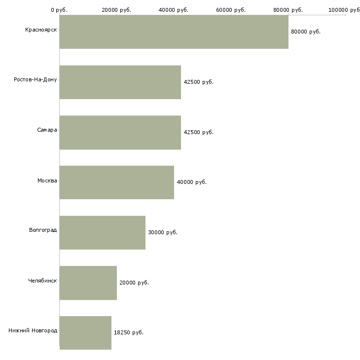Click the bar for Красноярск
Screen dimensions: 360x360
[174, 32]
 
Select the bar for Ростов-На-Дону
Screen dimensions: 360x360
[120, 82]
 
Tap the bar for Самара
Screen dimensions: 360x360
[120, 133]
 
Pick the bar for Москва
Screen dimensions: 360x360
[117, 182]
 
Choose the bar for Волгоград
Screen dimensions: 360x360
[103, 233]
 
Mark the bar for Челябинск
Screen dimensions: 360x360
[88, 283]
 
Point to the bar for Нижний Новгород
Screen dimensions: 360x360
[85, 333]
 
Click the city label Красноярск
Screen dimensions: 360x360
[41, 30]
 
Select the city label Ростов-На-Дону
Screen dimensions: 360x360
[36, 80]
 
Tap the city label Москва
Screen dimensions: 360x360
[47, 180]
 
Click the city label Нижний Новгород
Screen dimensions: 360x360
[33, 330]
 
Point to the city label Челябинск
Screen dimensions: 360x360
[42, 281]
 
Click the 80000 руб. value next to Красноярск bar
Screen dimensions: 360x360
[306, 32]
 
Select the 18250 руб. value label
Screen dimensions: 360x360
[129, 332]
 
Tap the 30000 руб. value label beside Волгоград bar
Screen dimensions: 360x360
[163, 232]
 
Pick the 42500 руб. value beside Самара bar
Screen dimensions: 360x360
[198, 132]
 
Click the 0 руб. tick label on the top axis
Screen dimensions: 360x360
[59, 10]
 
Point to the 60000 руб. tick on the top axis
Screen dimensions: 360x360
[231, 10]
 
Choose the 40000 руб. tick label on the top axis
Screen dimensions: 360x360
[173, 10]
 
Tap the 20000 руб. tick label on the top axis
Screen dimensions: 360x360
[116, 10]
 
